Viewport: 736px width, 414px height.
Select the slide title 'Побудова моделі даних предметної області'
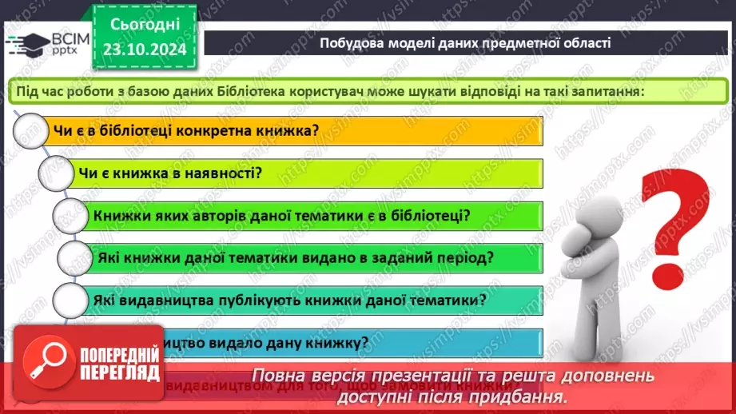465,42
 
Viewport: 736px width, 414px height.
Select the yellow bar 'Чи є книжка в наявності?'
304,173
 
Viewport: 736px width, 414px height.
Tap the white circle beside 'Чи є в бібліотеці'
30,130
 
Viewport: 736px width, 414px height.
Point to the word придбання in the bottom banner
527,396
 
